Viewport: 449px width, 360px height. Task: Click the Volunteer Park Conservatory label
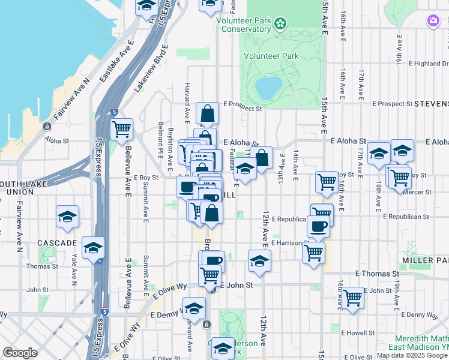(x=246, y=24)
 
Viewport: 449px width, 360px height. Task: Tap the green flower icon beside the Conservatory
(x=279, y=24)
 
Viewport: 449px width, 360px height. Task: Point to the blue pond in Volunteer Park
(x=268, y=88)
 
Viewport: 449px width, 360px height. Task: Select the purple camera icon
(x=433, y=21)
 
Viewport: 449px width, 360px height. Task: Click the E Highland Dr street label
(x=427, y=64)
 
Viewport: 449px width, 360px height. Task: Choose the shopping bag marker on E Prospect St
(x=207, y=112)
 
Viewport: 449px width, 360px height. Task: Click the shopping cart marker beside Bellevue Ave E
(x=122, y=128)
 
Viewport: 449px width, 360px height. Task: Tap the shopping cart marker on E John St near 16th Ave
(x=352, y=297)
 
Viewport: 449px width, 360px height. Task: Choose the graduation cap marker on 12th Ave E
(x=259, y=261)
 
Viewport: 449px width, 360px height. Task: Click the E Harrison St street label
(x=290, y=243)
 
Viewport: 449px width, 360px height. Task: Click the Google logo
(x=20, y=353)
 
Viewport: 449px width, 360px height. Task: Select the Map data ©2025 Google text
(x=412, y=355)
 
